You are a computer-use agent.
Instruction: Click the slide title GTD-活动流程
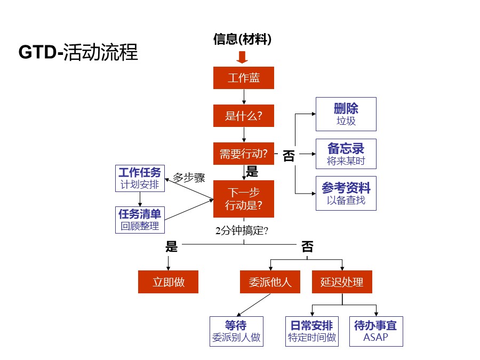click(x=78, y=52)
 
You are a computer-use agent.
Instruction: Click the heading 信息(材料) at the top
click(x=243, y=39)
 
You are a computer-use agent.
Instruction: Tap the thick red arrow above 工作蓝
click(x=243, y=58)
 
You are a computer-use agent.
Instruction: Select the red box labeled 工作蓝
click(x=244, y=78)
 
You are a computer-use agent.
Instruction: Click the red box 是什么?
click(x=244, y=116)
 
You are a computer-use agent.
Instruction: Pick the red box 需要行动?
click(x=244, y=154)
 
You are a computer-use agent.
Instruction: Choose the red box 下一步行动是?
click(x=244, y=199)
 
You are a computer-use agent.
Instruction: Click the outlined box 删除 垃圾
click(x=346, y=114)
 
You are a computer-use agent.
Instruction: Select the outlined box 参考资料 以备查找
click(x=346, y=193)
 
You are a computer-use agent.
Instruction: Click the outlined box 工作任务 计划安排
click(x=140, y=179)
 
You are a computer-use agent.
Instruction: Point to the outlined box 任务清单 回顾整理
click(x=140, y=220)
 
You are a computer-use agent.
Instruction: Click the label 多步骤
click(x=189, y=178)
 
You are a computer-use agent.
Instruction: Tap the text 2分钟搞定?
click(x=242, y=231)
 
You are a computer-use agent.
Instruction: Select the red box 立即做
click(x=168, y=282)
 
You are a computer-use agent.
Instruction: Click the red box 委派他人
click(x=270, y=282)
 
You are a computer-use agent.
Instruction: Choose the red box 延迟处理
click(x=342, y=282)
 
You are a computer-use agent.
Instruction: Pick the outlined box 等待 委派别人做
click(x=236, y=331)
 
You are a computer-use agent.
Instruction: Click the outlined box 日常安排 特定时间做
click(x=312, y=331)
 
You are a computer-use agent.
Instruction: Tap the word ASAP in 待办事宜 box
click(x=375, y=338)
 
